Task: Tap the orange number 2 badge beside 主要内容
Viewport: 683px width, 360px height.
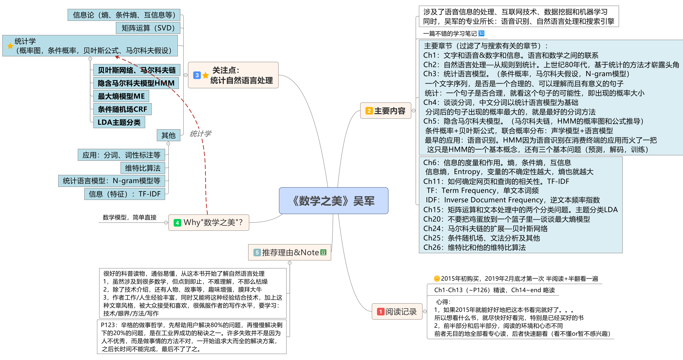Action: (x=369, y=111)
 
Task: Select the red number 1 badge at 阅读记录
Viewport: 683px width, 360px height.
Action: (x=380, y=311)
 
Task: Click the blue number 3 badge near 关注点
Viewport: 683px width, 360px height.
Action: (x=197, y=75)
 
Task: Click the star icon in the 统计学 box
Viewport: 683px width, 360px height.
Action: (x=10, y=46)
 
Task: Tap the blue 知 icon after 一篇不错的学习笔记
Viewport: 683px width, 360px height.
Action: (x=481, y=33)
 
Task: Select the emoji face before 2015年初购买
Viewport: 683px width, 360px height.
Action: (x=437, y=279)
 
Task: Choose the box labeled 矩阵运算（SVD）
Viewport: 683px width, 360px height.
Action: (x=148, y=28)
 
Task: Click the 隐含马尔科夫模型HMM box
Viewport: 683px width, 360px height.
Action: (x=136, y=83)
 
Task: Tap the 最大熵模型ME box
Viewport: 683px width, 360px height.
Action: (x=121, y=96)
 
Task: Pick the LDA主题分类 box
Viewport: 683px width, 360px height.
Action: (x=119, y=122)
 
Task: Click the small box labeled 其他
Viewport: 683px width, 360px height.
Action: (x=168, y=135)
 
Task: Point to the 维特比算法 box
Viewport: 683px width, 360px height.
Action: (x=143, y=168)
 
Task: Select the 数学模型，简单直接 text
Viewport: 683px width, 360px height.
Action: (x=129, y=217)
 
